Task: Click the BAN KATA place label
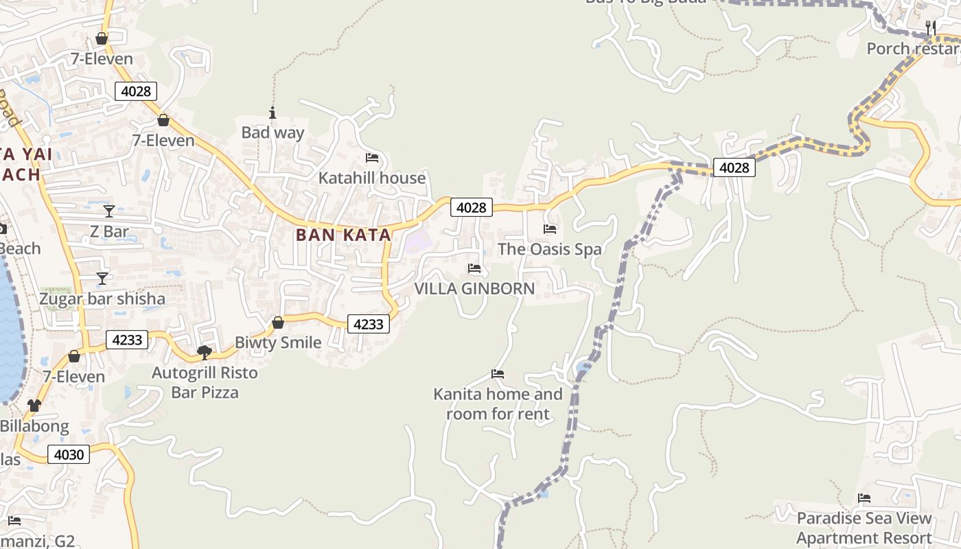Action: pyautogui.click(x=343, y=235)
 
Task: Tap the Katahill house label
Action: pyautogui.click(x=371, y=178)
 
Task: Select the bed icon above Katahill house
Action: pyautogui.click(x=372, y=158)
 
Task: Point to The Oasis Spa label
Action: pyautogui.click(x=549, y=249)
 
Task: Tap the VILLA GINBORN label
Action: pyautogui.click(x=474, y=288)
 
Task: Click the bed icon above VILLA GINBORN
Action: pyautogui.click(x=474, y=268)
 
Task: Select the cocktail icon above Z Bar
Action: pyautogui.click(x=109, y=211)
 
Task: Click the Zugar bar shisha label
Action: pyautogui.click(x=102, y=299)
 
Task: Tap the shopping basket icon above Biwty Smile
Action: pyautogui.click(x=278, y=323)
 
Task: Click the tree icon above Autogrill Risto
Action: pyautogui.click(x=204, y=353)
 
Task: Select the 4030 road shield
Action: pyautogui.click(x=69, y=454)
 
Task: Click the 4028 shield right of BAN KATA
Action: pyautogui.click(x=472, y=207)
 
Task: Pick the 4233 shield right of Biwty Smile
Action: pyautogui.click(x=369, y=324)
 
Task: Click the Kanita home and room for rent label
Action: pyautogui.click(x=498, y=404)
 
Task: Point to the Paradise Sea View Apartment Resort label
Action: pyautogui.click(x=864, y=528)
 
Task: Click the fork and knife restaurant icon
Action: pyautogui.click(x=931, y=28)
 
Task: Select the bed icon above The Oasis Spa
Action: pyautogui.click(x=550, y=229)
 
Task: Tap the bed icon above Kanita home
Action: pyautogui.click(x=498, y=374)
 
